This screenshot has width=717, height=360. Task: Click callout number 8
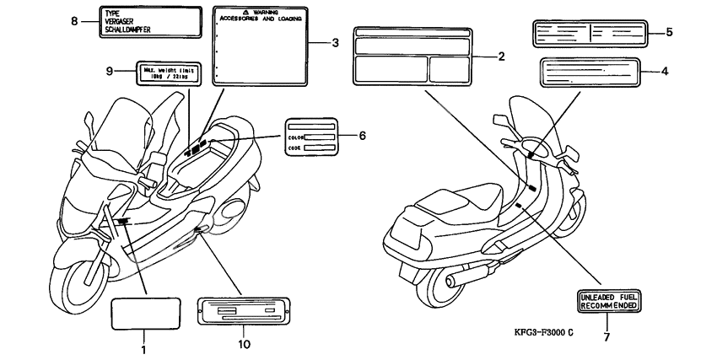click(73, 21)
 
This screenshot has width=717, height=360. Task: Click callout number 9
click(109, 72)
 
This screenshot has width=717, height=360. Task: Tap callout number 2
click(501, 57)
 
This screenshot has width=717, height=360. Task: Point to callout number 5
click(668, 32)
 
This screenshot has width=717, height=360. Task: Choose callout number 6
click(363, 135)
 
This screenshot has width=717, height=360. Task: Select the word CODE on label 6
click(294, 147)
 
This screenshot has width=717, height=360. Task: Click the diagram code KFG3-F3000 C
click(524, 332)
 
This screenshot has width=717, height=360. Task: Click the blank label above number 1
click(146, 314)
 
